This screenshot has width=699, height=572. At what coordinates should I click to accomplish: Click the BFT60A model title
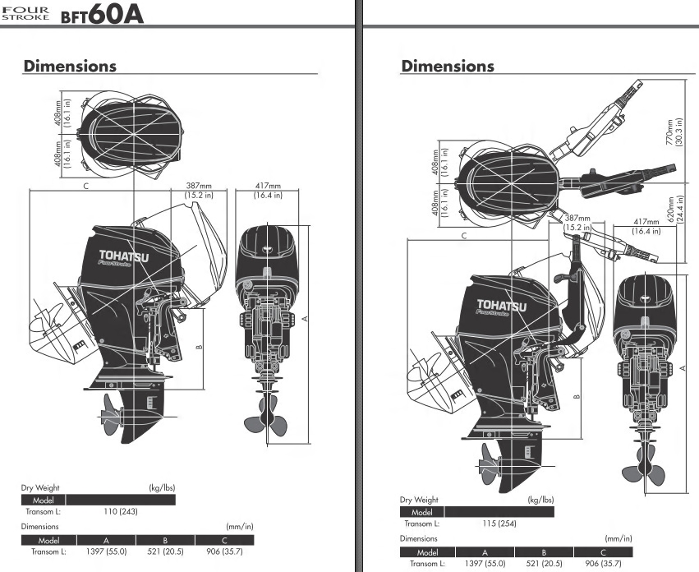102,14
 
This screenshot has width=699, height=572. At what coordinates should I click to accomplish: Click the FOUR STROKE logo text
25,13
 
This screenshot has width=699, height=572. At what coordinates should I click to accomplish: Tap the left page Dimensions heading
70,66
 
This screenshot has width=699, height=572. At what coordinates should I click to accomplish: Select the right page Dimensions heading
448,66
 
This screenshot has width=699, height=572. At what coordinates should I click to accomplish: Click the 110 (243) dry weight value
121,511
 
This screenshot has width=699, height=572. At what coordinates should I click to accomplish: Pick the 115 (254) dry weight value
499,524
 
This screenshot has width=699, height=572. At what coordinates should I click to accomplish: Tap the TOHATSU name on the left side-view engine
124,256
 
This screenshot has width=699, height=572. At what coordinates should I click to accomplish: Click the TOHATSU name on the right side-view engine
502,306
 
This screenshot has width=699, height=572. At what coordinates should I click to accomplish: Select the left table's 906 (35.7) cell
225,551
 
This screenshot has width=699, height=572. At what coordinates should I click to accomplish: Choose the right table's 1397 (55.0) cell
485,564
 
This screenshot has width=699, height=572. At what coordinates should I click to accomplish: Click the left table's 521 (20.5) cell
165,551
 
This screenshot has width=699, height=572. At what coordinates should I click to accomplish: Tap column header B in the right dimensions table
544,552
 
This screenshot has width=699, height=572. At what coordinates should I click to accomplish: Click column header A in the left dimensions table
106,540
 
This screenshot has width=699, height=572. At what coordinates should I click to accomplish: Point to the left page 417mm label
268,190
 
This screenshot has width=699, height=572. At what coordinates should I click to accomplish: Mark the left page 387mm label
199,190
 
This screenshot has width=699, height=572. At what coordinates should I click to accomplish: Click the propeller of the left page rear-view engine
266,420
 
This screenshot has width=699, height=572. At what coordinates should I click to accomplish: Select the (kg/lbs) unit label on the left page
162,487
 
